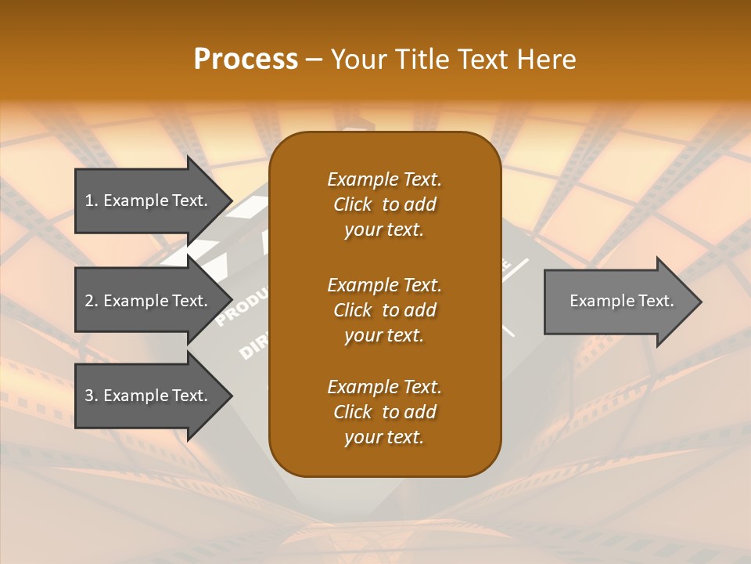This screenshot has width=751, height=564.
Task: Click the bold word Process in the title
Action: [246, 60]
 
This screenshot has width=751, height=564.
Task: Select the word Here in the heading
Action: [547, 60]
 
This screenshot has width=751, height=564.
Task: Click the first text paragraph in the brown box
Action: [384, 204]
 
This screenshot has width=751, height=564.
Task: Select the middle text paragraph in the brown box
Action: [384, 310]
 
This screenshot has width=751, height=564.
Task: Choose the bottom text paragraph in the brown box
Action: [384, 412]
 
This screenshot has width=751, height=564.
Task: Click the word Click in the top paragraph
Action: [353, 204]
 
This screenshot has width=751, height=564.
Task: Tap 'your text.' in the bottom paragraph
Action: [384, 437]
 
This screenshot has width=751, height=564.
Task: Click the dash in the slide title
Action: [314, 60]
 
